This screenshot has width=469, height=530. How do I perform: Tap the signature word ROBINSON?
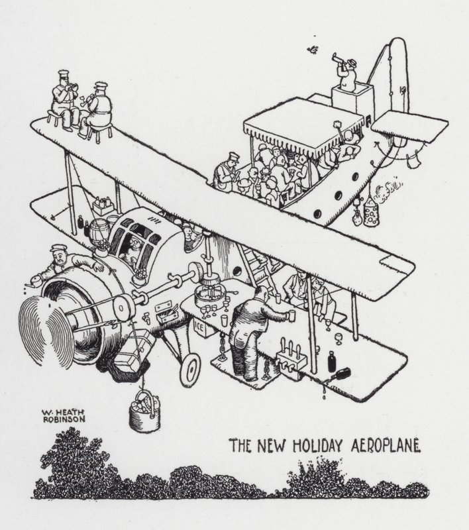point(62,418)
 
